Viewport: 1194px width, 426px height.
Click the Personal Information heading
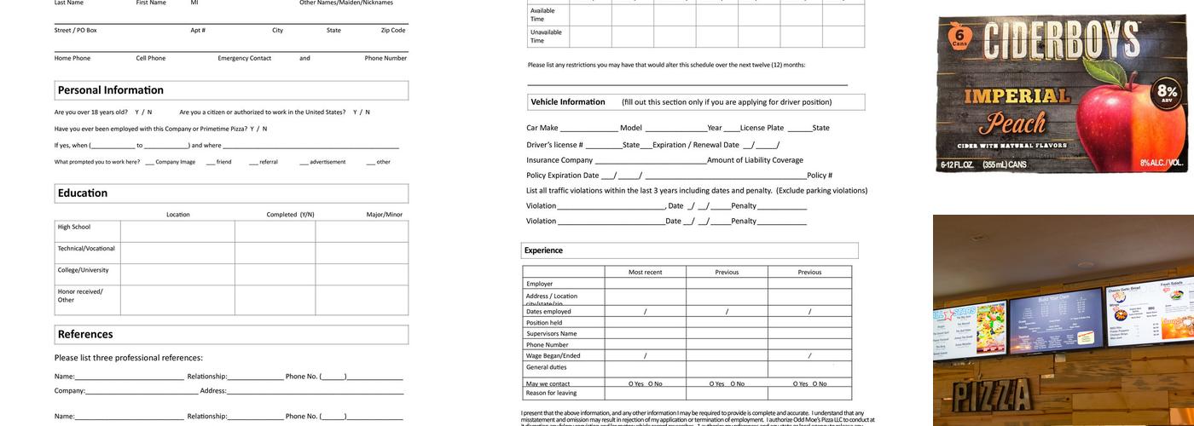[x=110, y=90]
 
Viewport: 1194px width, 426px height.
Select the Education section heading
[x=83, y=193]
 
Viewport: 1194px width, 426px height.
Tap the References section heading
[x=85, y=334]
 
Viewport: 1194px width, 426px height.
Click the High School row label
[x=74, y=227]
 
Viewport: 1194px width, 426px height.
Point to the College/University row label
[x=84, y=270]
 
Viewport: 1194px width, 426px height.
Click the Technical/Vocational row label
[x=86, y=248]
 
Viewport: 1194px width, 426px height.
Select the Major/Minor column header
[x=385, y=215]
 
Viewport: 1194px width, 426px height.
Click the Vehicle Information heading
[x=568, y=102]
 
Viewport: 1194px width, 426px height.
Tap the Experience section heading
[x=543, y=250]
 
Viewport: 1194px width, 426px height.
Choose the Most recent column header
[x=645, y=273]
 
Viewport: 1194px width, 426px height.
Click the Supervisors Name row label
[x=551, y=334]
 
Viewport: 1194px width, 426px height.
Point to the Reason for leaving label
[x=551, y=393]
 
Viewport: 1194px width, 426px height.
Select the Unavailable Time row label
[x=546, y=37]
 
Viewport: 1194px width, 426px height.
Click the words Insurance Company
[x=559, y=160]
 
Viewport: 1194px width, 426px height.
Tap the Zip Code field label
[x=393, y=31]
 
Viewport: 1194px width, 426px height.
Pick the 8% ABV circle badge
[x=1167, y=93]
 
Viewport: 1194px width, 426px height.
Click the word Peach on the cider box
[x=1017, y=124]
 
